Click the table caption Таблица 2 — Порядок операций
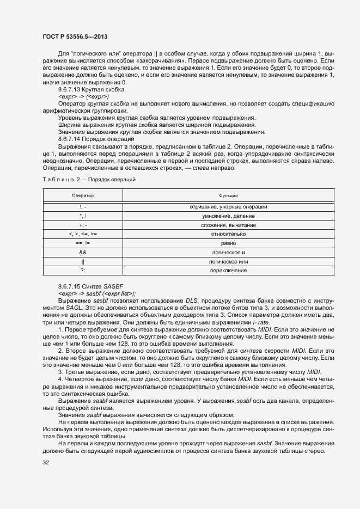(89, 179)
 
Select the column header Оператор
(83, 195)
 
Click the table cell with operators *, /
(83, 216)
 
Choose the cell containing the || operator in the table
(83, 262)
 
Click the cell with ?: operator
(83, 271)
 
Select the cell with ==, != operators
(83, 243)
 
